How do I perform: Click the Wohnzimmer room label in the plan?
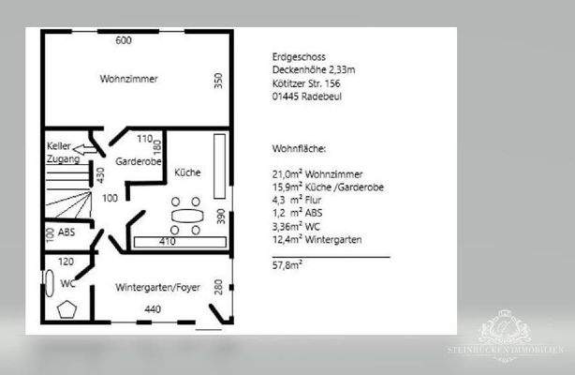(128, 80)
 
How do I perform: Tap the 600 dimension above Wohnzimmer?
(123, 41)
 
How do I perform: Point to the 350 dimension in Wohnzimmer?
(218, 82)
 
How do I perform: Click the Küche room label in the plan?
(186, 172)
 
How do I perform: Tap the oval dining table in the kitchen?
(187, 216)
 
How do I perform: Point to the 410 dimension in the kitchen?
(167, 241)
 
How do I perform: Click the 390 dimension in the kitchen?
(220, 217)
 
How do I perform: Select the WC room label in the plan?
(67, 282)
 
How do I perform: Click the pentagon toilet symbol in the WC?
(67, 309)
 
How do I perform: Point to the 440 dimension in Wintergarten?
(153, 309)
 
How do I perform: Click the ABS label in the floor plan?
(66, 232)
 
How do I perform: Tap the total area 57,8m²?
(287, 266)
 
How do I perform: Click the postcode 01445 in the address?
(286, 95)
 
